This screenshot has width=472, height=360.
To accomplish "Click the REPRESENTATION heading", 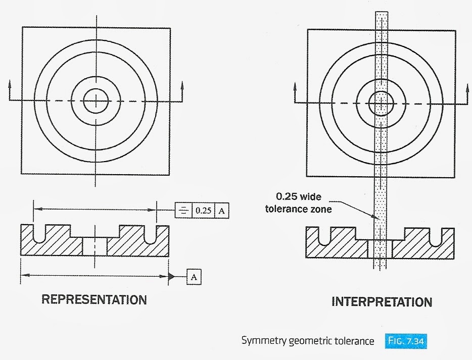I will tap(94, 299).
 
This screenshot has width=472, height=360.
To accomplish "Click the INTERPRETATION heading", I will tap(382, 302).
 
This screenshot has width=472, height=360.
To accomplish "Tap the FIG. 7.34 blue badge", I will tap(409, 341).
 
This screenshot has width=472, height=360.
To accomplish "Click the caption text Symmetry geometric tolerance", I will tap(307, 341).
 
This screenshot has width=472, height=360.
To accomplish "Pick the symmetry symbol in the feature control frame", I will tap(183, 210).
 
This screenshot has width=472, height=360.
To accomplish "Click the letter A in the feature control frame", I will tap(221, 210).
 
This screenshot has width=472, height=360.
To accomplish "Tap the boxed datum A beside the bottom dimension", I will tap(194, 276).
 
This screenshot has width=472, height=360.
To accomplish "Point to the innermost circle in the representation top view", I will tap(95, 101).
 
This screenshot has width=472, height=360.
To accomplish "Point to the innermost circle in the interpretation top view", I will tap(381, 103).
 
